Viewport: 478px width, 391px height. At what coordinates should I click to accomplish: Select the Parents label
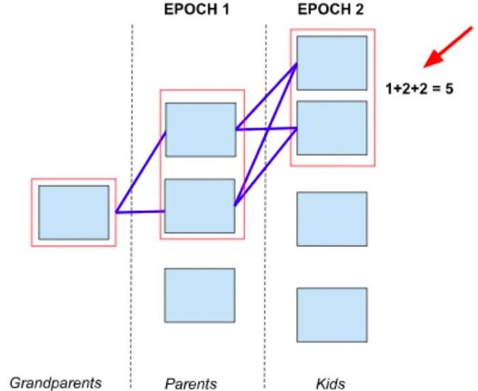pos(191,383)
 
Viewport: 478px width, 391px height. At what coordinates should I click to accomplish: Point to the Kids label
pos(332,383)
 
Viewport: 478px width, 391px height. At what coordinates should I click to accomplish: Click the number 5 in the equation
pos(449,88)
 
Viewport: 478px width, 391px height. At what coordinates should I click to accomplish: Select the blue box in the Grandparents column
pos(74,212)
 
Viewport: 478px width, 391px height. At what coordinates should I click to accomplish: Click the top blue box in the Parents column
pos(200,130)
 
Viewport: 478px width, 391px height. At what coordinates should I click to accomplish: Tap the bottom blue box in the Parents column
pos(200,295)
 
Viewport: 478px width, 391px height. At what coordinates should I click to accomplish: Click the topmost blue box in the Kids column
pos(332,63)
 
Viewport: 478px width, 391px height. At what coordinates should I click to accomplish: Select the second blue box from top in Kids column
pos(332,128)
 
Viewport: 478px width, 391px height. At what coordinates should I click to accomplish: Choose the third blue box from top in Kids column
pos(332,218)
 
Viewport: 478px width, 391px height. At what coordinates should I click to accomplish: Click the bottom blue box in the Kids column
pos(332,314)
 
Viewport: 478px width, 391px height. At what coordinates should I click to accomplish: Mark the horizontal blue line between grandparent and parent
pos(140,212)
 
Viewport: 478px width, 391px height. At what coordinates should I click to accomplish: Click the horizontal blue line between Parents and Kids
pos(266,128)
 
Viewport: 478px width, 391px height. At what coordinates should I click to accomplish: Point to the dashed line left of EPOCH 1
pos(132,205)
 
